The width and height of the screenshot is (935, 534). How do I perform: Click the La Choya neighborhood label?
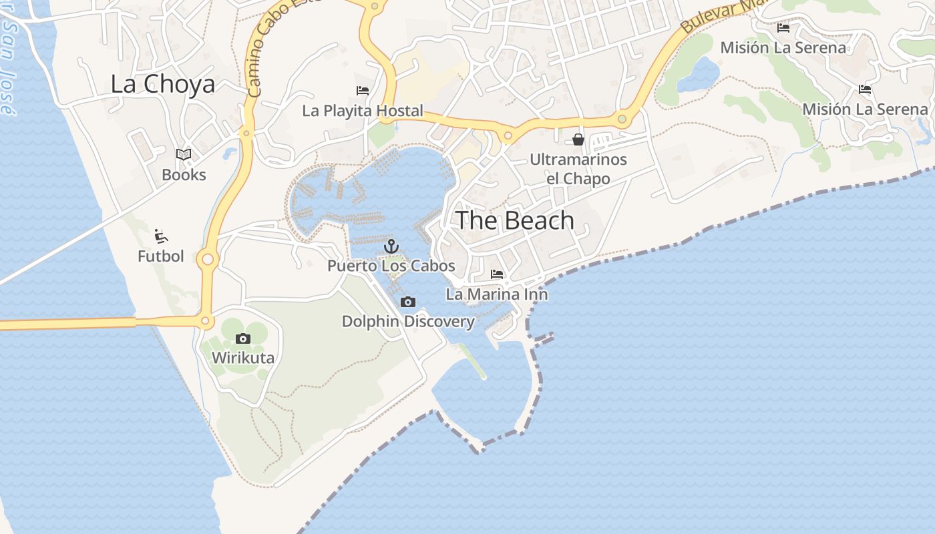(162, 84)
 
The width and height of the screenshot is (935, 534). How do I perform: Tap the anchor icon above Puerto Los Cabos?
(391, 247)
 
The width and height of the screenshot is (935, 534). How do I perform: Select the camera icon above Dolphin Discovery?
(407, 302)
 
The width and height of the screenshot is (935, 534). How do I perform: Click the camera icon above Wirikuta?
(243, 338)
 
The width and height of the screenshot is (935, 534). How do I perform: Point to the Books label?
(184, 175)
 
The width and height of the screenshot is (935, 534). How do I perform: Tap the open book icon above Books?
(184, 155)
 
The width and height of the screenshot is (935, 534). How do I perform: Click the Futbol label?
(160, 256)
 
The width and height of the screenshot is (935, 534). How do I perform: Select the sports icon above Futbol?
(160, 236)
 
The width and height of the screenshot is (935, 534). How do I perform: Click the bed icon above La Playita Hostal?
(363, 91)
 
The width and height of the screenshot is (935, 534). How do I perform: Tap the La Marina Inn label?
(497, 294)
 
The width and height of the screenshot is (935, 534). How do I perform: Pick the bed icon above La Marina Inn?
(497, 274)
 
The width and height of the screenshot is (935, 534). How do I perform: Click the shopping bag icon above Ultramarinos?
(578, 140)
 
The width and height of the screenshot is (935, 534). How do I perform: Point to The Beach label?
(514, 220)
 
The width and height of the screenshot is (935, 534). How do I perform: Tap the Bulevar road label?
(718, 17)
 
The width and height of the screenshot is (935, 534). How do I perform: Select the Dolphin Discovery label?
(408, 322)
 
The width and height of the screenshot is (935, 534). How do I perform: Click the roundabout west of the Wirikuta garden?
(206, 322)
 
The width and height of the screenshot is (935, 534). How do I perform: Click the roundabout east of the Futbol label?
(208, 259)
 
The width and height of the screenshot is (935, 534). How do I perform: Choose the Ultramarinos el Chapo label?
(578, 169)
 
